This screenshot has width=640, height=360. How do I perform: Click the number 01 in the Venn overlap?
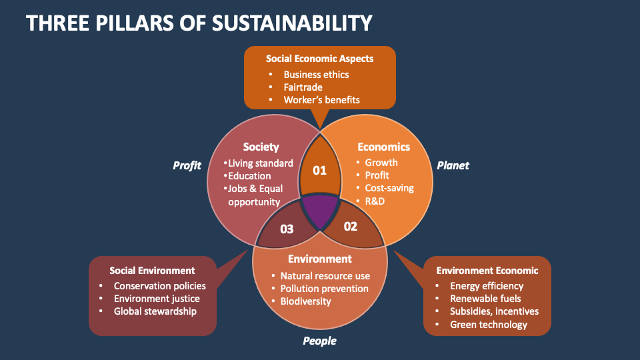click(320, 170)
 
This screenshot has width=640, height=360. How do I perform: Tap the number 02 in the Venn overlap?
click(351, 226)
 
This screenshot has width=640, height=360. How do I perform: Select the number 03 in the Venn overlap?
click(287, 229)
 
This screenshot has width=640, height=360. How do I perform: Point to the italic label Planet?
click(453, 165)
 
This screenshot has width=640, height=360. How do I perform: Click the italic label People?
click(319, 341)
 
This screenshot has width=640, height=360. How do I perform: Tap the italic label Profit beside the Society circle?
click(187, 165)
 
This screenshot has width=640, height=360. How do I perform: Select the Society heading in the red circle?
click(261, 147)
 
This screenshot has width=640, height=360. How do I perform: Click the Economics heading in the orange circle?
click(383, 147)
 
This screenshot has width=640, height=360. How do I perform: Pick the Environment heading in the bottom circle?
click(319, 259)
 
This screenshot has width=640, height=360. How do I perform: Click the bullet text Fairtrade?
click(303, 87)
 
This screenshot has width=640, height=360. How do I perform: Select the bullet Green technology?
click(489, 325)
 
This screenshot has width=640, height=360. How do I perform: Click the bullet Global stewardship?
click(155, 311)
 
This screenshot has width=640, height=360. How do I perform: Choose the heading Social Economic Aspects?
click(319, 59)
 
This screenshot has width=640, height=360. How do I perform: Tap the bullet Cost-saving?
click(389, 188)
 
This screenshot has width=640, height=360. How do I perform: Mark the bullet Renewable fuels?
click(485, 299)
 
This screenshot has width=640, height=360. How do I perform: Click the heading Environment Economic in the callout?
click(487, 271)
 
